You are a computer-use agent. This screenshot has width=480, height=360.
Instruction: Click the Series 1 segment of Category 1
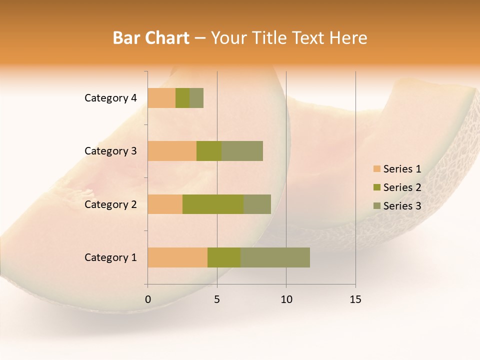tap(177, 257)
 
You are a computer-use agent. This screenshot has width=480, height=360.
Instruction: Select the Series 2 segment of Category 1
tap(224, 257)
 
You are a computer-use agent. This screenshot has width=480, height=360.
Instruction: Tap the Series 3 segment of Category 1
tap(275, 257)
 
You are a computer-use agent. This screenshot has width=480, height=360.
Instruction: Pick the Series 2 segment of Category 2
tap(213, 204)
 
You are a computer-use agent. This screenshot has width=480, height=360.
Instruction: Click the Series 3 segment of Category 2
tap(257, 204)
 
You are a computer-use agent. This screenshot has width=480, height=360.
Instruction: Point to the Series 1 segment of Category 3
tap(172, 151)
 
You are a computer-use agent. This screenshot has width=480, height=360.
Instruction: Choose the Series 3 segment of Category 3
tap(242, 151)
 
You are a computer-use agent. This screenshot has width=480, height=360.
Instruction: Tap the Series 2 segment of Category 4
tap(182, 98)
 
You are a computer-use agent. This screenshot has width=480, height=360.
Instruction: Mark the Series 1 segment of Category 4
tap(161, 98)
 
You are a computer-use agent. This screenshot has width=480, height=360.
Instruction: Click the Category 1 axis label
tap(110, 257)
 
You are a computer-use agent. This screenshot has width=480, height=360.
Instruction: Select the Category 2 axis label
tap(110, 204)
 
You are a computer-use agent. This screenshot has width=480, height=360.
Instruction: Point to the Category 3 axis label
tap(110, 151)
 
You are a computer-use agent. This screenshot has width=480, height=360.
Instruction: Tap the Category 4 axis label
tap(110, 98)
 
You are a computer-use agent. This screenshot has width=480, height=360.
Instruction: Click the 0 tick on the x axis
tap(148, 299)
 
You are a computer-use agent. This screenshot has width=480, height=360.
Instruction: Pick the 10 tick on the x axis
tap(286, 299)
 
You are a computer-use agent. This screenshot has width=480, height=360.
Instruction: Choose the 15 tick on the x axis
tap(355, 299)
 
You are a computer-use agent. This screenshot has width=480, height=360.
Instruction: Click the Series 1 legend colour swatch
tap(376, 169)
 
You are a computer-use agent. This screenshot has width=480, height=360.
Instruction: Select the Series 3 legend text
tap(402, 206)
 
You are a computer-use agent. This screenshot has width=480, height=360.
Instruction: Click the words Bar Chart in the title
tap(151, 38)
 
